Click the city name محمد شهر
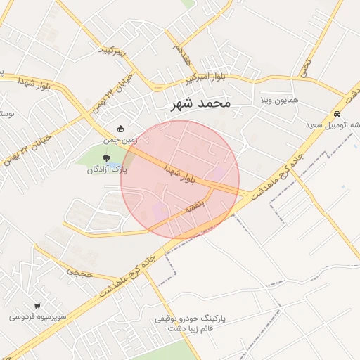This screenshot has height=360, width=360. (200, 104)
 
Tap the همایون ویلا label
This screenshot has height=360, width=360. (279, 100)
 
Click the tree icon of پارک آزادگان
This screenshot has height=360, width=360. (107, 158)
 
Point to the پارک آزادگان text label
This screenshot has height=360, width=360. (107, 170)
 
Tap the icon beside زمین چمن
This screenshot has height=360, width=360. (120, 129)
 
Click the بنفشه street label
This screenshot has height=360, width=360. (194, 205)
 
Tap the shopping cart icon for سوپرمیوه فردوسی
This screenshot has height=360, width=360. (37, 305)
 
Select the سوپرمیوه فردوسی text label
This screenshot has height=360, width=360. (38, 317)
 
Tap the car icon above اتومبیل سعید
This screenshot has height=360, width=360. (337, 114)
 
